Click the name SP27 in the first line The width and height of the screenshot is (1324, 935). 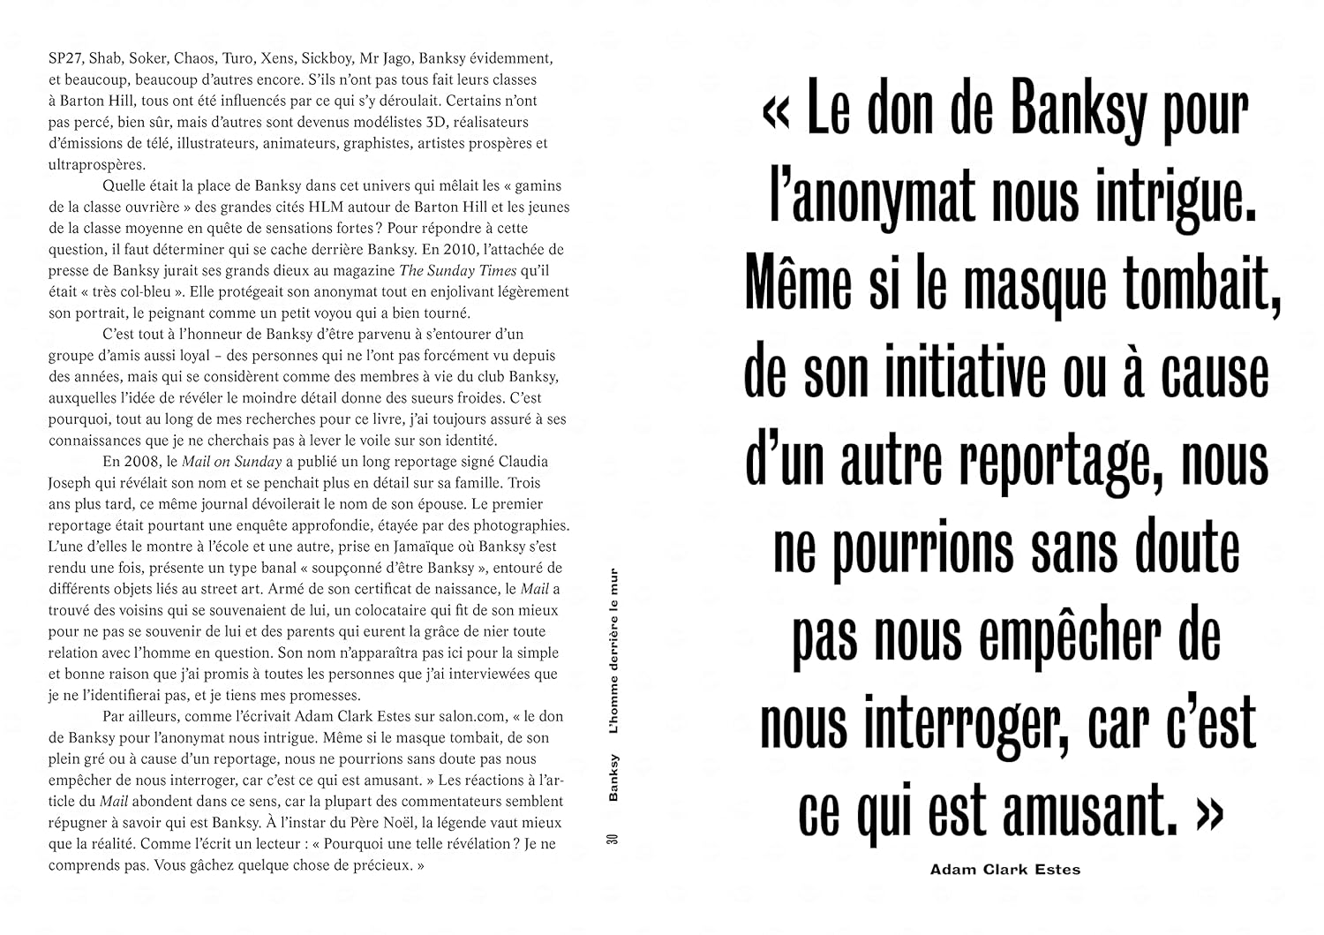(64, 58)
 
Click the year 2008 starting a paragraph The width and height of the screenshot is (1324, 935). (121, 462)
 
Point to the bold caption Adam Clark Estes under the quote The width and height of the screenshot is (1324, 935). (1004, 870)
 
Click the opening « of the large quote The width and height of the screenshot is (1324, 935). (776, 112)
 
